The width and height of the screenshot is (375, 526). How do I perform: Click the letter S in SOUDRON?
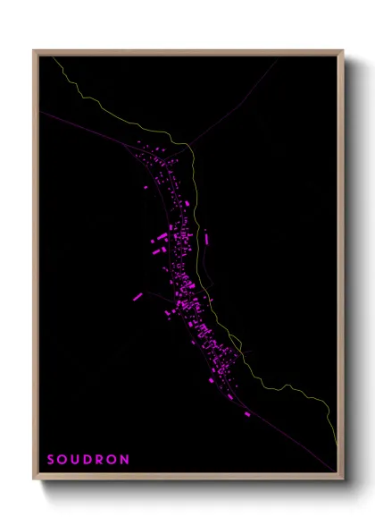point(51,460)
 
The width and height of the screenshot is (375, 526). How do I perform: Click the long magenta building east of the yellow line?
point(207,239)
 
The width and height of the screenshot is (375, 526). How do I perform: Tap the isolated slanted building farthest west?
point(138,296)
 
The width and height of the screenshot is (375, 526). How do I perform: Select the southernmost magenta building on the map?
point(247,414)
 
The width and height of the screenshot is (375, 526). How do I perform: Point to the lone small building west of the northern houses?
point(148,188)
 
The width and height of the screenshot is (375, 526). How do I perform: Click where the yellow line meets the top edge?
point(53,55)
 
